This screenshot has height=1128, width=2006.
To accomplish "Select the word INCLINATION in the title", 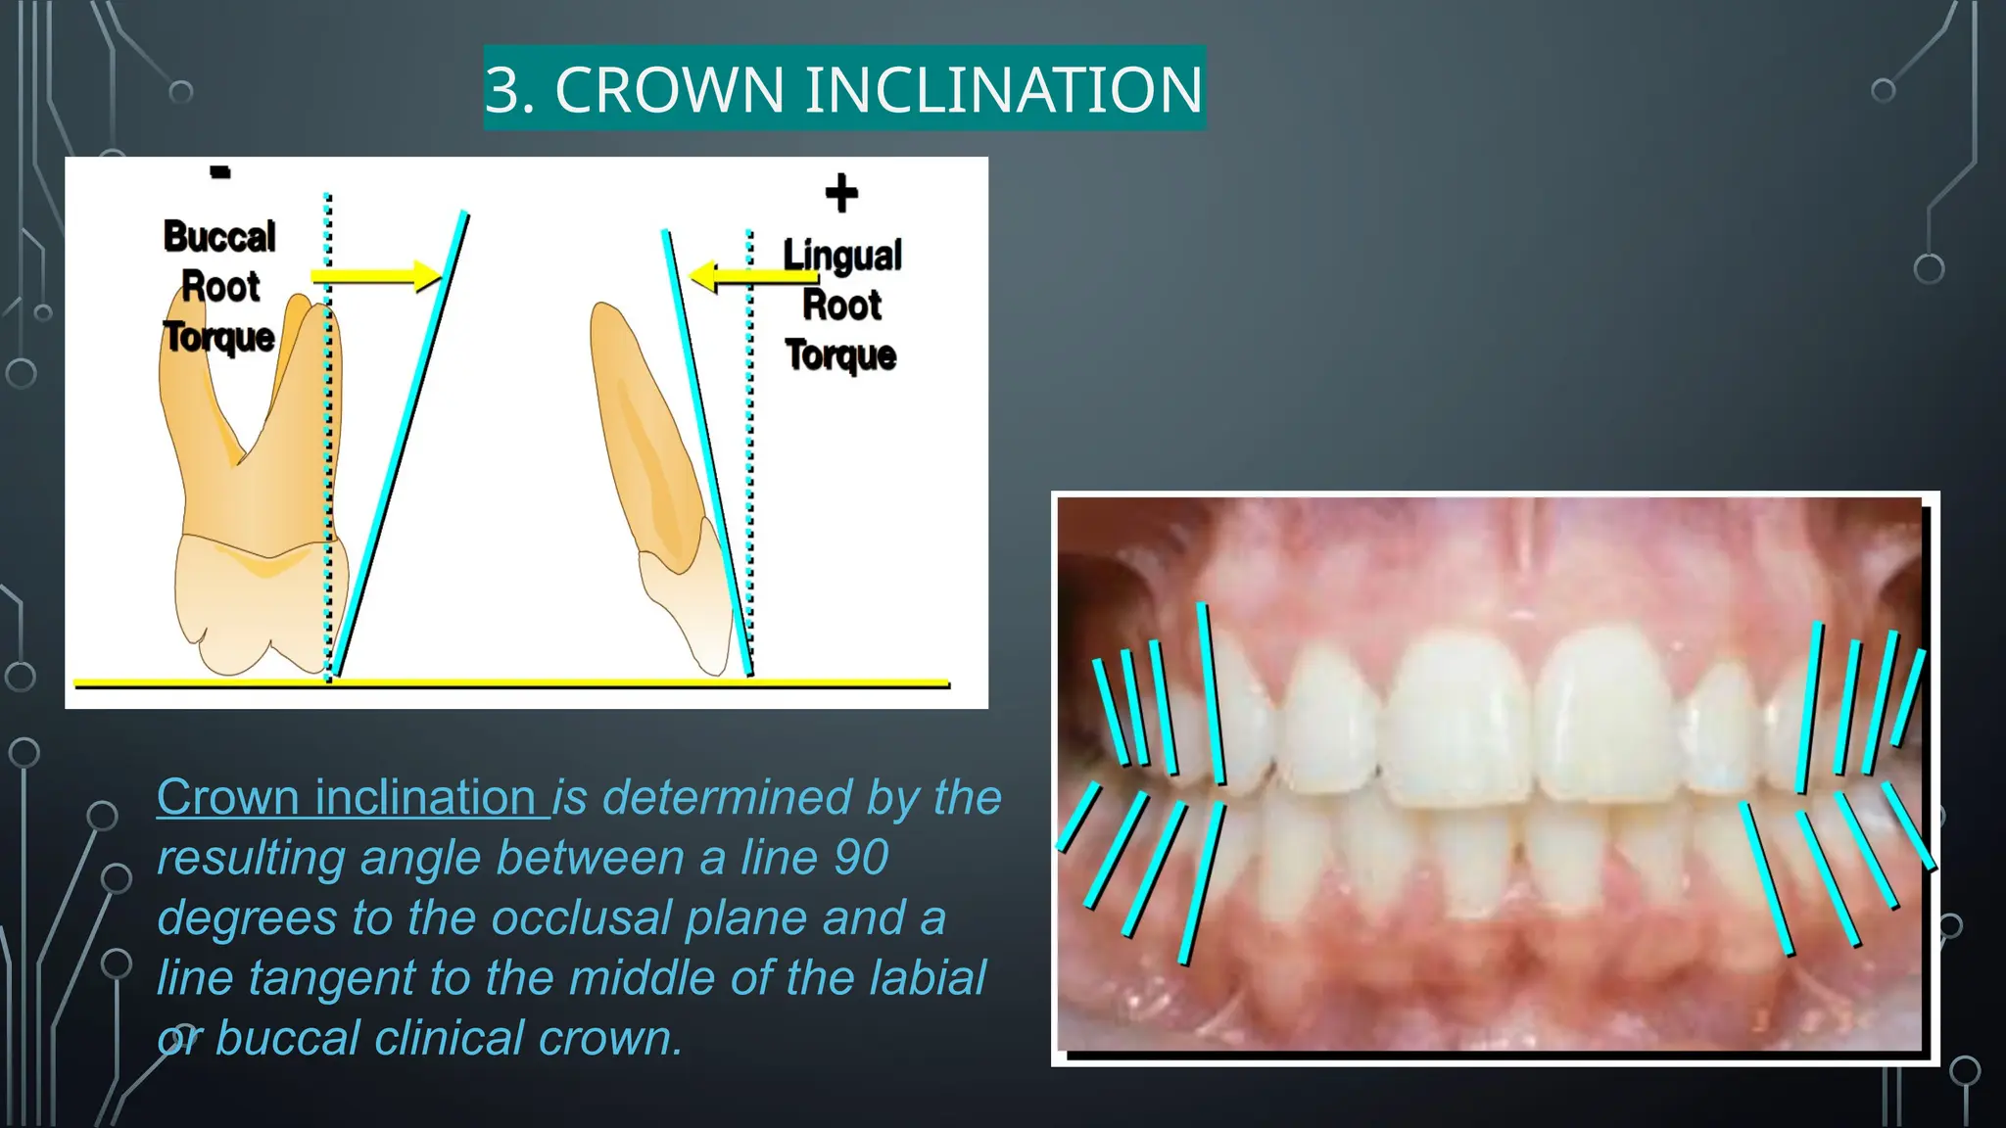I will coord(1004,90).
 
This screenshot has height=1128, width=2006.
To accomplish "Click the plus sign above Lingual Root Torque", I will coord(841,193).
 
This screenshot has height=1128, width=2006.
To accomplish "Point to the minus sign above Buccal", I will coord(220,173).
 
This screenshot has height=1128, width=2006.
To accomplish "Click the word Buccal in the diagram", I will coord(219,237).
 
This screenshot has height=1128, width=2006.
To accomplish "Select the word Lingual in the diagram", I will coord(842,256).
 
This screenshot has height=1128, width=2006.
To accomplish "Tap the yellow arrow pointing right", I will coord(376,276).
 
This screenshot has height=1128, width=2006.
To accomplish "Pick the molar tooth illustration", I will coord(250,490).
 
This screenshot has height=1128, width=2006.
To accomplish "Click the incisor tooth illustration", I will coord(666,490).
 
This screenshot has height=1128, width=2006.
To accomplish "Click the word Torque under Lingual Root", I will coord(840,354).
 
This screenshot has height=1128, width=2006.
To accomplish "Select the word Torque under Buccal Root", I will coord(218,337).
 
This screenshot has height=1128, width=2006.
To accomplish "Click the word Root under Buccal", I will coord(220,287).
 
